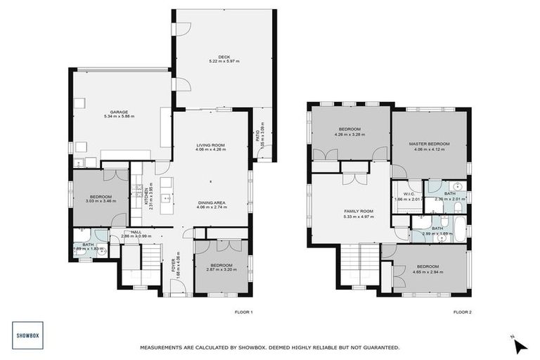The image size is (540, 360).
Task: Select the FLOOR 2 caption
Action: [462, 311]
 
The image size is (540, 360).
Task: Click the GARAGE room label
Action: [118, 111]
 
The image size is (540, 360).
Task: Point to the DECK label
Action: [224, 57]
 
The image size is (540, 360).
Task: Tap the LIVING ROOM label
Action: [210, 145]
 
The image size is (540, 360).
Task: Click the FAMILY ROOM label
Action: [358, 211]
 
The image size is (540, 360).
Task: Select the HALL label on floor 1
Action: [136, 232]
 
